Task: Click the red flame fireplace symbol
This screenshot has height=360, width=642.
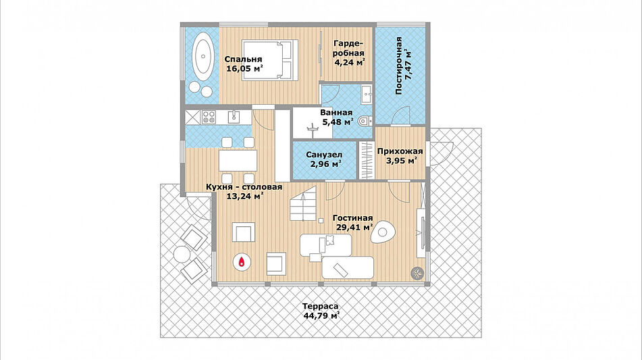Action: [242, 261]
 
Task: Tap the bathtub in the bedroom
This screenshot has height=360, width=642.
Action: [203, 57]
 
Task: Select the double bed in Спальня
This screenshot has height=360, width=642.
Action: [269, 60]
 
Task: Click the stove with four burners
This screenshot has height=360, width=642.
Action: [209, 117]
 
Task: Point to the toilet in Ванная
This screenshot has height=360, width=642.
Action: [365, 121]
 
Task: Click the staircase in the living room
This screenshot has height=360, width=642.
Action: [303, 203]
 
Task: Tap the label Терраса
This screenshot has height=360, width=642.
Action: [320, 307]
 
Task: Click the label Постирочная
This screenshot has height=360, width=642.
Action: [399, 66]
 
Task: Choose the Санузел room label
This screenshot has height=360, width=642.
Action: [324, 155]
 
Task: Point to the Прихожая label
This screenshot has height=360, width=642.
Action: [400, 151]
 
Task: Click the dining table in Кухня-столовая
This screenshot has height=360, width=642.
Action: [238, 160]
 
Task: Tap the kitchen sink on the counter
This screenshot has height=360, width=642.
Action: [235, 117]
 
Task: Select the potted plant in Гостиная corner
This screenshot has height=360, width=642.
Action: [418, 272]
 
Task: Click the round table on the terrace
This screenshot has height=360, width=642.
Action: [182, 255]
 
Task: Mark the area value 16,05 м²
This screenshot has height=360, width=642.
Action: [244, 68]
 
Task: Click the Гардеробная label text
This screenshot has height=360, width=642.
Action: [348, 49]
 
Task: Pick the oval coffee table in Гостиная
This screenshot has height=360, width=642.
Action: [383, 232]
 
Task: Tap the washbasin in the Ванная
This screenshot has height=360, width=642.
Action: [367, 94]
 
